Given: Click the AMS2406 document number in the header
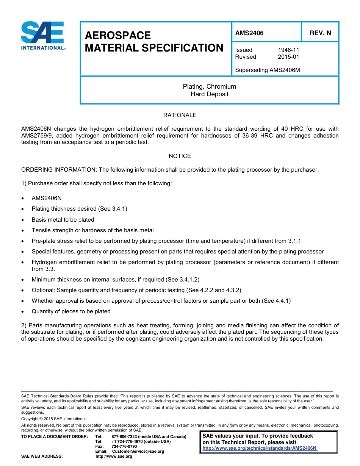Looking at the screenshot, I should [249, 33].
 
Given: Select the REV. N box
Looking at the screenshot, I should [320, 33].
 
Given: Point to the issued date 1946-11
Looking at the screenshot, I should [288, 50].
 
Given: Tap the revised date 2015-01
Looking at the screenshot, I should [288, 57].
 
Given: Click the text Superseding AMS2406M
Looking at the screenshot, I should [268, 70].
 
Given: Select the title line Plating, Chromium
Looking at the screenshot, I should [209, 87].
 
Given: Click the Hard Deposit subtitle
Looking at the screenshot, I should [209, 94].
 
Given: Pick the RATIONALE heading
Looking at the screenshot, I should [180, 115].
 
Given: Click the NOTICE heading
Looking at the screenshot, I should [180, 156].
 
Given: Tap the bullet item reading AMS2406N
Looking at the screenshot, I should [47, 198].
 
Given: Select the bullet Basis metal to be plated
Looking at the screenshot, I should [63, 220].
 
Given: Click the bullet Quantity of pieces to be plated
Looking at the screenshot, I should [71, 311].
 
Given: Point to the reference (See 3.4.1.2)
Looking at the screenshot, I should [183, 280].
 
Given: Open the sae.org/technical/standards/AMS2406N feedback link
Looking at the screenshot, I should [260, 448].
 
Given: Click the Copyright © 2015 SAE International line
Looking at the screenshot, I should [53, 419].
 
